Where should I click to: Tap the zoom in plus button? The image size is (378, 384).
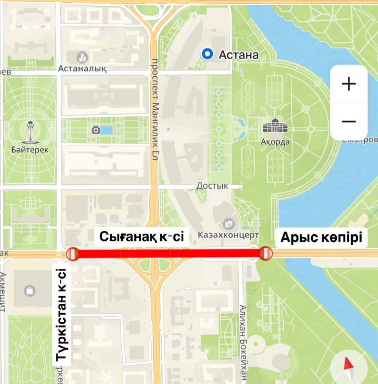tap(348, 84)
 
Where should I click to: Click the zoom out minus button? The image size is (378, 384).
tap(348, 121)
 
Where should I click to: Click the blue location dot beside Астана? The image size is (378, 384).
tap(207, 54)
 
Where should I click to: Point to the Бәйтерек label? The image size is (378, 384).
tap(29, 150)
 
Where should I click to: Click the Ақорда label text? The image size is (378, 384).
tap(275, 142)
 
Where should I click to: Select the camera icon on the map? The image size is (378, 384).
tap(96, 130)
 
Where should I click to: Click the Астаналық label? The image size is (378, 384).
tap(82, 69)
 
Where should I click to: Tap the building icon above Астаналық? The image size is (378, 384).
tap(83, 57)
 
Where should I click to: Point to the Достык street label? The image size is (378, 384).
tap(212, 186)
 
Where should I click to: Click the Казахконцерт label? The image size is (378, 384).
tap(228, 235)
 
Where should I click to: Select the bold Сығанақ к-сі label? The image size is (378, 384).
tap(142, 237)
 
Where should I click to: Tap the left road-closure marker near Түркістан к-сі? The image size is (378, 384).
tap(73, 253)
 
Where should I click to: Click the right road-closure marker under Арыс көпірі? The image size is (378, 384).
tap(266, 253)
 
